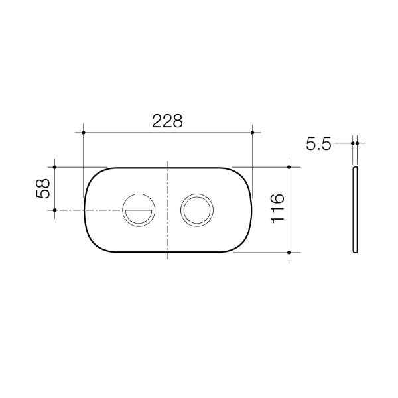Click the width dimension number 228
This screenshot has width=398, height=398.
pos(167,121)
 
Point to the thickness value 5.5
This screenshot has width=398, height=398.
pos(318,143)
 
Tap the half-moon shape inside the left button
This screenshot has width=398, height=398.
pos(139,214)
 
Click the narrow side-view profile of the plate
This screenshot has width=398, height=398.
pos(355,210)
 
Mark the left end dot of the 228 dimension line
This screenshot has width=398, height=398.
pos(83,133)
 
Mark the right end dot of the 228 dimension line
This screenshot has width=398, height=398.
pos(253,133)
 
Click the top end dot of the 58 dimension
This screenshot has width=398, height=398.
pos(55,167)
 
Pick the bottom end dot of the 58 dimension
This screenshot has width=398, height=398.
pos(55,210)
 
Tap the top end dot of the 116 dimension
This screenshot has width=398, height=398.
pos(290,167)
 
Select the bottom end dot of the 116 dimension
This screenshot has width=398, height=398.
pos(290,252)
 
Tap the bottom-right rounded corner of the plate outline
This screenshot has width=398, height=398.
pos(243,244)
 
